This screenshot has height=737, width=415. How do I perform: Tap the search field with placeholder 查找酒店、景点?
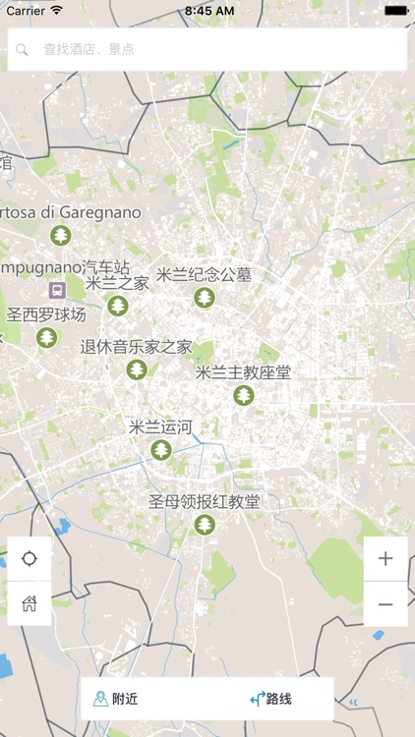coord(207,48)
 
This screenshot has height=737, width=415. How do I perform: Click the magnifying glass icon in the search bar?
coord(23,48)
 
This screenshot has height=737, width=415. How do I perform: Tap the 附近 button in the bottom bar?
coord(115,700)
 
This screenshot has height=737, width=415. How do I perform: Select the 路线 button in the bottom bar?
coord(271,700)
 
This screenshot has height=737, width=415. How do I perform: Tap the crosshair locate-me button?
coord(30,559)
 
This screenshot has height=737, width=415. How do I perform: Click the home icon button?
coord(30,603)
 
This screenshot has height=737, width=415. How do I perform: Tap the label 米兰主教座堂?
coord(243,372)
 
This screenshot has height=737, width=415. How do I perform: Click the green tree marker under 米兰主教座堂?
coord(243,395)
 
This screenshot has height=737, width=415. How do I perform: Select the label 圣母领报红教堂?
coord(204,502)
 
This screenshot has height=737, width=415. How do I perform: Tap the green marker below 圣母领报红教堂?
coord(204,525)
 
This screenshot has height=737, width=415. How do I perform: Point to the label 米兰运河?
coord(160,427)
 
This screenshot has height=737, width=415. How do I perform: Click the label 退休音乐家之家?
coord(136,347)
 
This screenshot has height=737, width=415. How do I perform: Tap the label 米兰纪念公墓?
coord(204,275)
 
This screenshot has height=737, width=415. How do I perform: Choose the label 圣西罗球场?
coord(46,315)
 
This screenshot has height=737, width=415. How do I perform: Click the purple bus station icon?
coord(57,290)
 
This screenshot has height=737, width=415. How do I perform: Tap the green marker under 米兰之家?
coord(118,306)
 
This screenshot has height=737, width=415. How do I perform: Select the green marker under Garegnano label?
coord(61,235)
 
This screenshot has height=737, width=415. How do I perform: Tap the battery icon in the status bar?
coord(395,10)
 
